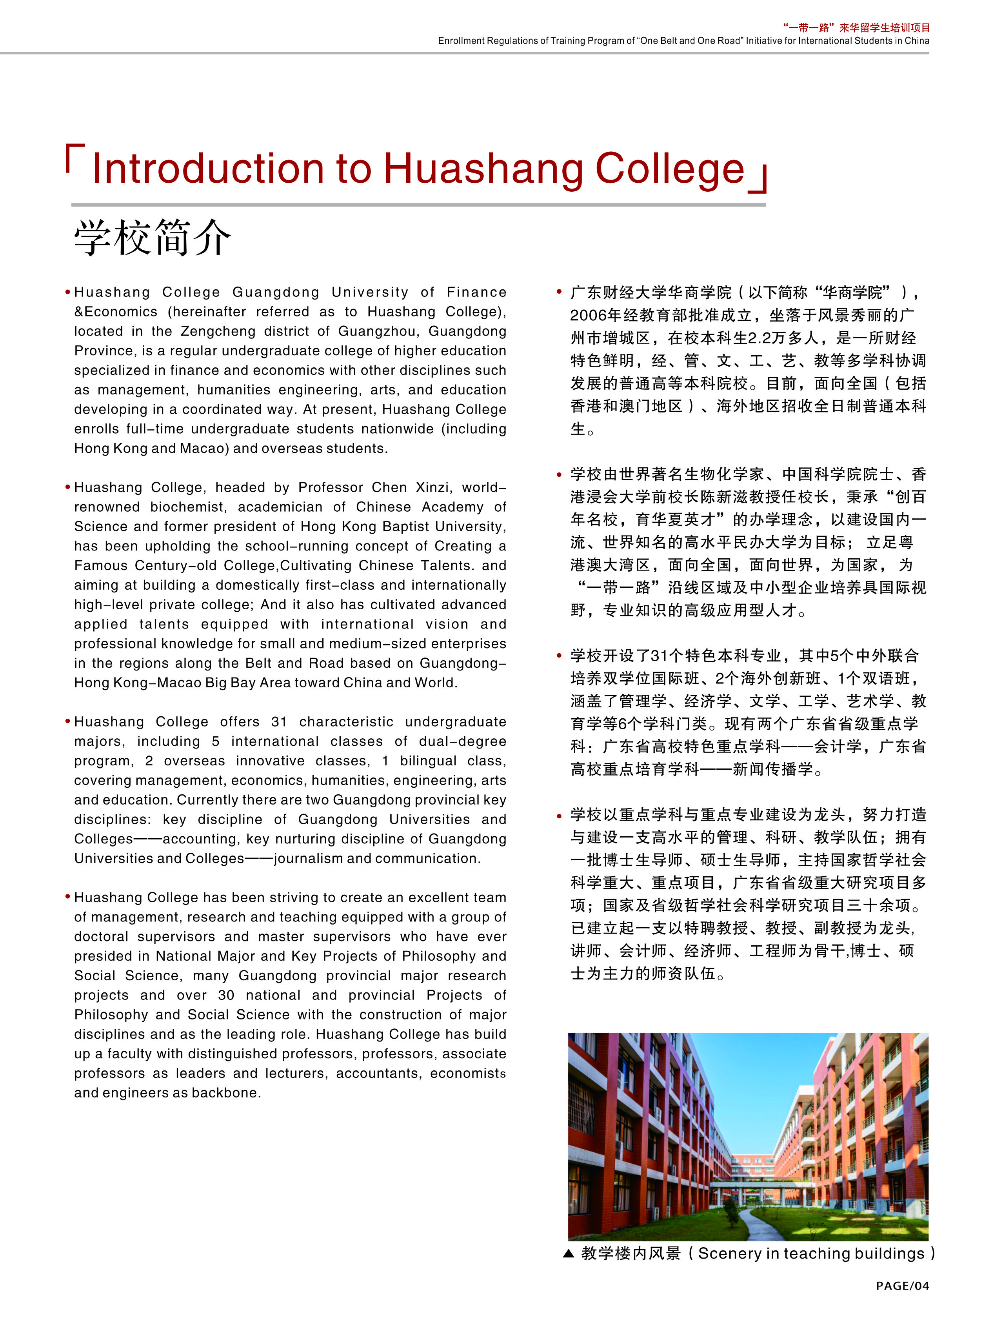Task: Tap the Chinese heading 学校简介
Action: [x=152, y=237]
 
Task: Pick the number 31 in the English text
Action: [x=279, y=722]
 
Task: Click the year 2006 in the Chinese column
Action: [x=588, y=315]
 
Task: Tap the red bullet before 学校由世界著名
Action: [x=560, y=475]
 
